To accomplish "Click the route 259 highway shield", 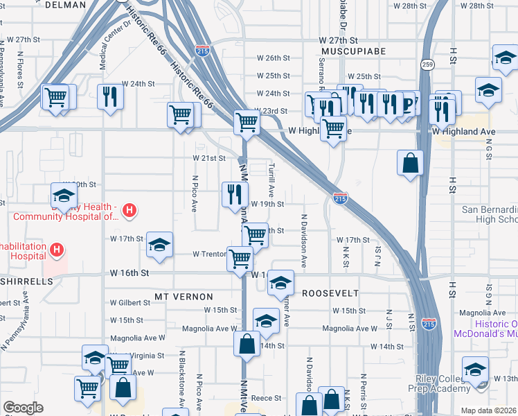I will (427, 64).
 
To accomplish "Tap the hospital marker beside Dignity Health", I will (128, 210).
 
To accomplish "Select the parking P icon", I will (407, 104).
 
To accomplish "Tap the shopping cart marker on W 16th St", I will (240, 260).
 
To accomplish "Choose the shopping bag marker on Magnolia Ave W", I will (247, 344).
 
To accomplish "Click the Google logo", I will (23, 408).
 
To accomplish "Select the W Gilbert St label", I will (130, 303).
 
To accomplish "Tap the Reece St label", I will (267, 398).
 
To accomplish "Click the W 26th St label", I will (272, 58).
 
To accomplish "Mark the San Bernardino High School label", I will (490, 214).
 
